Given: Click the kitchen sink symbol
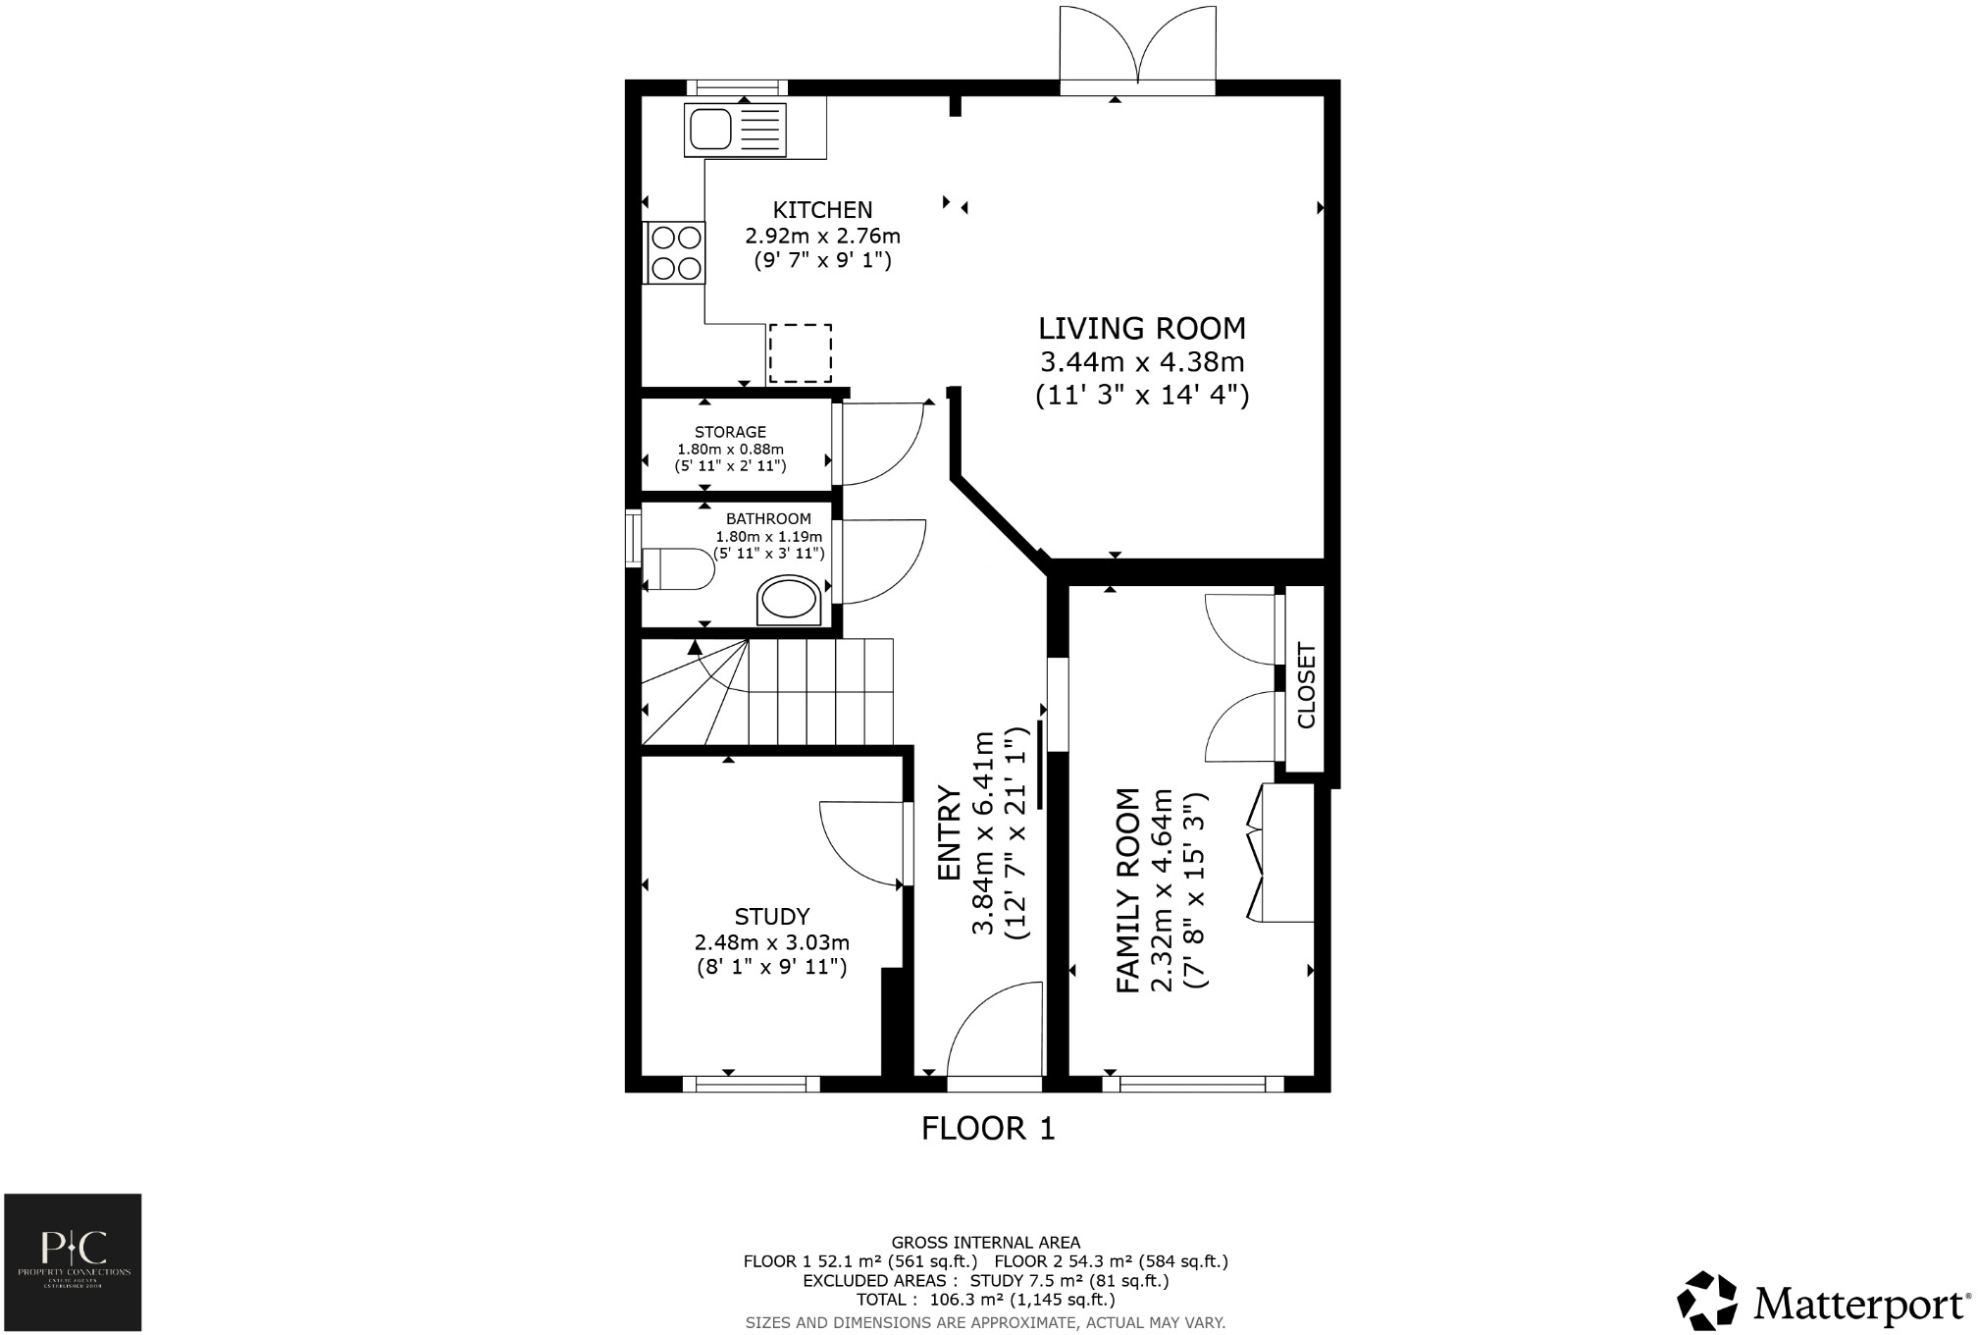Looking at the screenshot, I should [x=737, y=130].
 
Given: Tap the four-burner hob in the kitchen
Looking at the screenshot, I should [x=675, y=252].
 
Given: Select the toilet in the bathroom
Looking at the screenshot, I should [x=679, y=569].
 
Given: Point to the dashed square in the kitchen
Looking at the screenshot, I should [x=800, y=353].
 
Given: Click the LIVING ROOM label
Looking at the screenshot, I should [x=1142, y=328].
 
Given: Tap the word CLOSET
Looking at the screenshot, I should [x=1306, y=685].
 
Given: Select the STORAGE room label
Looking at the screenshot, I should [x=730, y=432].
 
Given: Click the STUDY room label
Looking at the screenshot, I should [x=772, y=917].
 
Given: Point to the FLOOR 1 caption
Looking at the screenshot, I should [x=988, y=1129].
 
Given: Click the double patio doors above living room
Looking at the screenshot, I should [x=1137, y=49].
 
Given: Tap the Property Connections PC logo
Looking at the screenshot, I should [x=73, y=1261].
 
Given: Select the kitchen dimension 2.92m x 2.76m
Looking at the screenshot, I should [x=822, y=237].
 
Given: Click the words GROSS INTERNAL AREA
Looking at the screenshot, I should [x=985, y=1243].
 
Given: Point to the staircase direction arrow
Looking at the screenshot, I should [x=695, y=648].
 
